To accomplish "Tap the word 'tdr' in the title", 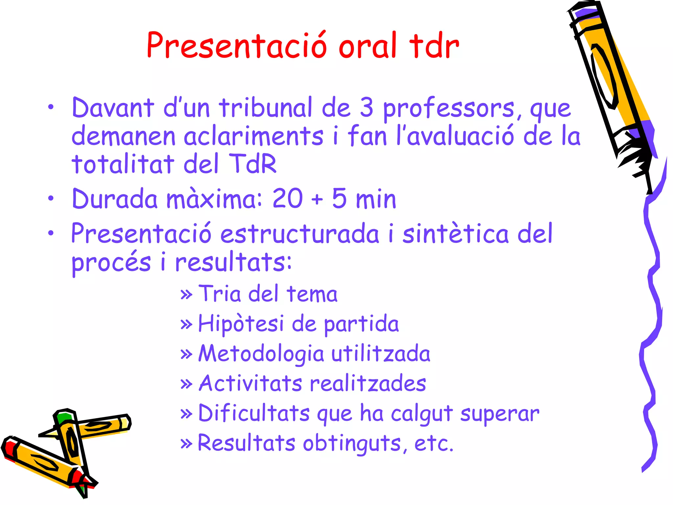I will click(434, 46).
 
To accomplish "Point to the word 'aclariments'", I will click(253, 136).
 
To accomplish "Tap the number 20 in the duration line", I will click(287, 199).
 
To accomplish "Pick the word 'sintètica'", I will click(455, 234).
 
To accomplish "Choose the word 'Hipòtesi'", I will click(241, 324).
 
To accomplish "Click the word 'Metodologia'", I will click(262, 354).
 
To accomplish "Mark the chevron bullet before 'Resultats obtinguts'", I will click(186, 444).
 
